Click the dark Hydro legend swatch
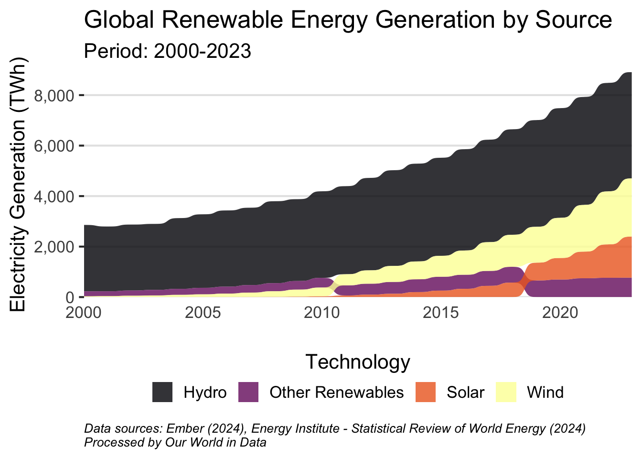[x=162, y=392]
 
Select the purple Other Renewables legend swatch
[x=248, y=392]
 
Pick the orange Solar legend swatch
[x=426, y=392]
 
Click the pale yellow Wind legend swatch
[x=506, y=392]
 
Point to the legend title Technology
[x=358, y=362]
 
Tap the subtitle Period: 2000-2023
[x=168, y=51]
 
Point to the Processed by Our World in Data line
[x=175, y=442]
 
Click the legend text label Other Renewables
[x=336, y=392]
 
